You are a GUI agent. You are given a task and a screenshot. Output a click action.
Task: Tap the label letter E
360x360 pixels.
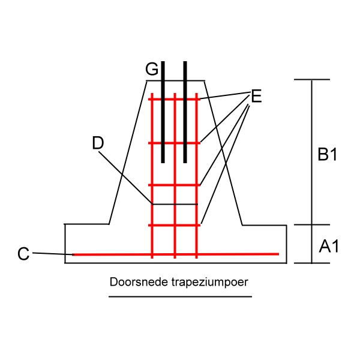tap(256, 96)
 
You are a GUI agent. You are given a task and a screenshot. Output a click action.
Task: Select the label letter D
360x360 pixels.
tap(98, 143)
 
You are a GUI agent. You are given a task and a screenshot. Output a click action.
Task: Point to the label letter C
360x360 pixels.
tap(23, 254)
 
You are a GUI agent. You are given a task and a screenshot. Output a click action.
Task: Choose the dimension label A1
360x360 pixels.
tap(329, 245)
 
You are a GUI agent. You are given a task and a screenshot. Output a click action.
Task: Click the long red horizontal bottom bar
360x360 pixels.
tap(240, 254)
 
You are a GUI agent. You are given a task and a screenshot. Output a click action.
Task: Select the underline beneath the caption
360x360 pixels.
tap(180, 295)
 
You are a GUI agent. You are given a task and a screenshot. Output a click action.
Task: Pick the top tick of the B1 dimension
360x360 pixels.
tap(312, 79)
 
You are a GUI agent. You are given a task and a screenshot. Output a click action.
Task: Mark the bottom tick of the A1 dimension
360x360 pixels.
tap(312, 263)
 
